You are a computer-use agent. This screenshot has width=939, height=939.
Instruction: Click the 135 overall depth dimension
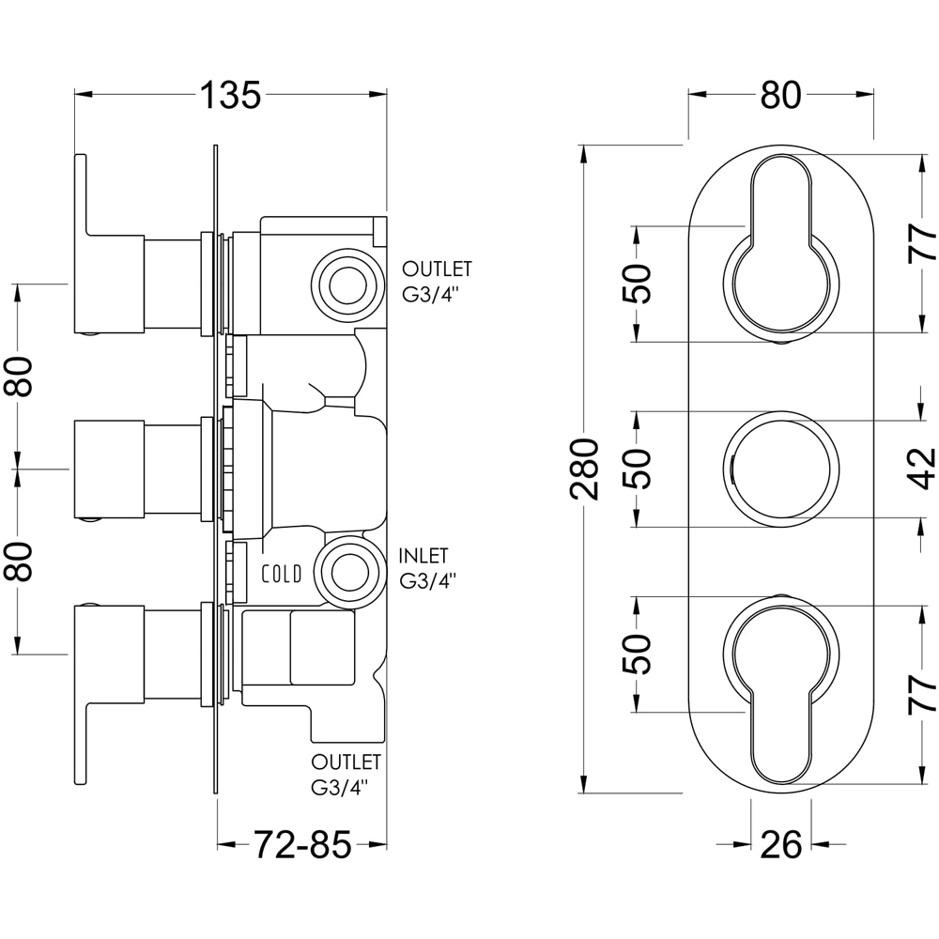click(229, 95)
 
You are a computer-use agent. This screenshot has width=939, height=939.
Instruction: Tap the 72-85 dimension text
click(301, 846)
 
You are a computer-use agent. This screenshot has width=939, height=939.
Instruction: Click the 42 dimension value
click(924, 468)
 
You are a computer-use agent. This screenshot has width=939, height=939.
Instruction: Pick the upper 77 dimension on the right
click(924, 242)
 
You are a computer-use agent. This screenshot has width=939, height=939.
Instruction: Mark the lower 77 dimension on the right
click(924, 695)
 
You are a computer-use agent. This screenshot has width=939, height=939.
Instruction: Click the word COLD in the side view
click(282, 574)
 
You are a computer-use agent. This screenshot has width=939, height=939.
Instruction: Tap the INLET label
click(423, 556)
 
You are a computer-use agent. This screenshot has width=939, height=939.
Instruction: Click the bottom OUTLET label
click(346, 761)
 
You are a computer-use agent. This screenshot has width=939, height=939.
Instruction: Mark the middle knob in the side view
click(108, 469)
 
